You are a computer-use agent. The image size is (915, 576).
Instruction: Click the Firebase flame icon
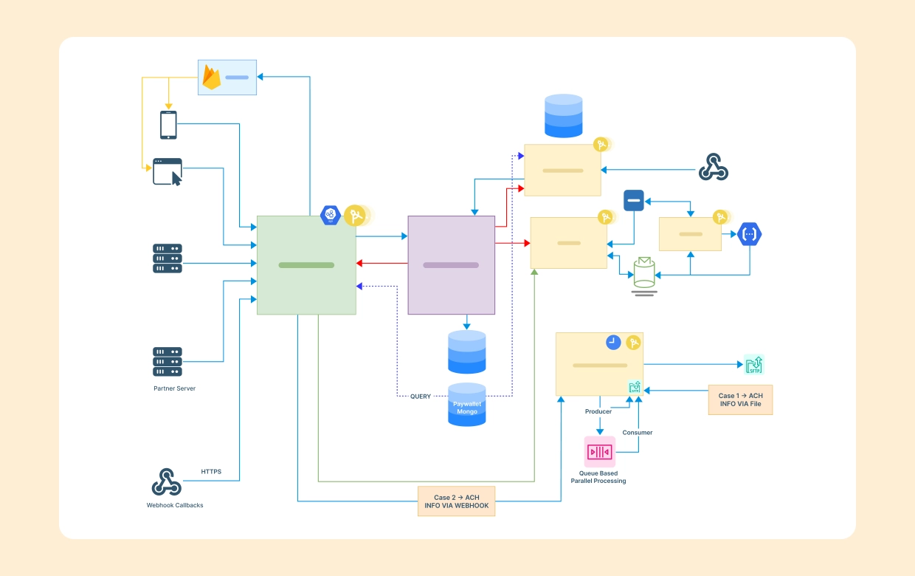[212, 78]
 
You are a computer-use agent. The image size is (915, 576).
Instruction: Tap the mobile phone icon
[168, 125]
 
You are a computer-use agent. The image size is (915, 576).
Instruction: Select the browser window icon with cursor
[168, 171]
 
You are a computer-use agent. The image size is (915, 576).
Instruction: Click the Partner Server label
[174, 388]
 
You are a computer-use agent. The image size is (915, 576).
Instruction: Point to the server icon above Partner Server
[168, 362]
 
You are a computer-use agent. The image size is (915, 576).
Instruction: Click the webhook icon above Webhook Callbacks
[166, 481]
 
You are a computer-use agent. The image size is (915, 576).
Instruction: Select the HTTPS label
[211, 471]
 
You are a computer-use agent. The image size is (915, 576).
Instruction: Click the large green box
[306, 265]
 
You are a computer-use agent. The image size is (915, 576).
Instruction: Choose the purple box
[451, 265]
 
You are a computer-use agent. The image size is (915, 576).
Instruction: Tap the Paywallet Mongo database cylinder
[467, 405]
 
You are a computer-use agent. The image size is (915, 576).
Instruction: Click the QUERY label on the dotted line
[421, 397]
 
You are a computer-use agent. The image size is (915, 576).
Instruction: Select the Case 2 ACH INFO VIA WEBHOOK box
[456, 501]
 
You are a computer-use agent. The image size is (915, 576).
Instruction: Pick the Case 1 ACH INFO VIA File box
[740, 400]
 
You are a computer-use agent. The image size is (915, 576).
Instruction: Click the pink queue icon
[599, 451]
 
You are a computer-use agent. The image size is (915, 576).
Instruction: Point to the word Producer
[598, 411]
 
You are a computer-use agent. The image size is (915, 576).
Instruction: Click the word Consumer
[638, 432]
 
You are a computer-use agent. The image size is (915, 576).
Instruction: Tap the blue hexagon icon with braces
[750, 234]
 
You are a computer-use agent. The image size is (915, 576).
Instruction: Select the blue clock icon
[613, 342]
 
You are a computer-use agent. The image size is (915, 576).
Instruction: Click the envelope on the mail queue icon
[644, 264]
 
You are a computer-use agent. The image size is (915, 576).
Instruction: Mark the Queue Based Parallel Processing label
[598, 477]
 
